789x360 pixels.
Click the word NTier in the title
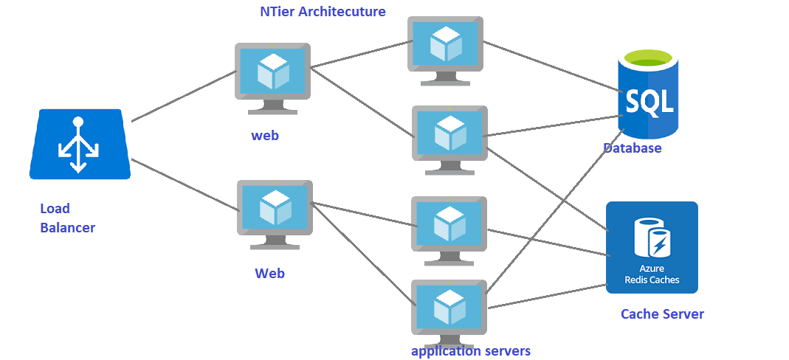click(x=278, y=12)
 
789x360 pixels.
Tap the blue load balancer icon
click(x=80, y=144)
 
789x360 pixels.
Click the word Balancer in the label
click(x=67, y=228)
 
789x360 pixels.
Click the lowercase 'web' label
click(x=265, y=136)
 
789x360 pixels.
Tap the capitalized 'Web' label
click(x=269, y=274)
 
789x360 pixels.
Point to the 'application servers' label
click(x=470, y=351)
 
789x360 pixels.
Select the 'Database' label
click(x=632, y=148)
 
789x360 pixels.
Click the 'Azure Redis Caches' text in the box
click(x=652, y=275)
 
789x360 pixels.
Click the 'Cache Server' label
click(x=662, y=314)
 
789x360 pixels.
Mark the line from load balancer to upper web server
click(x=183, y=96)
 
